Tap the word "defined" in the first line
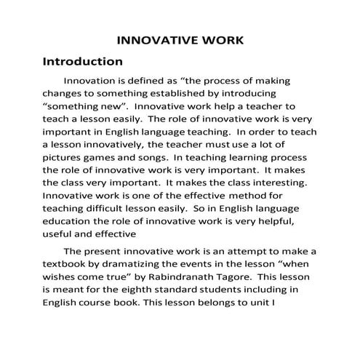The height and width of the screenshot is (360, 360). coord(147,81)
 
